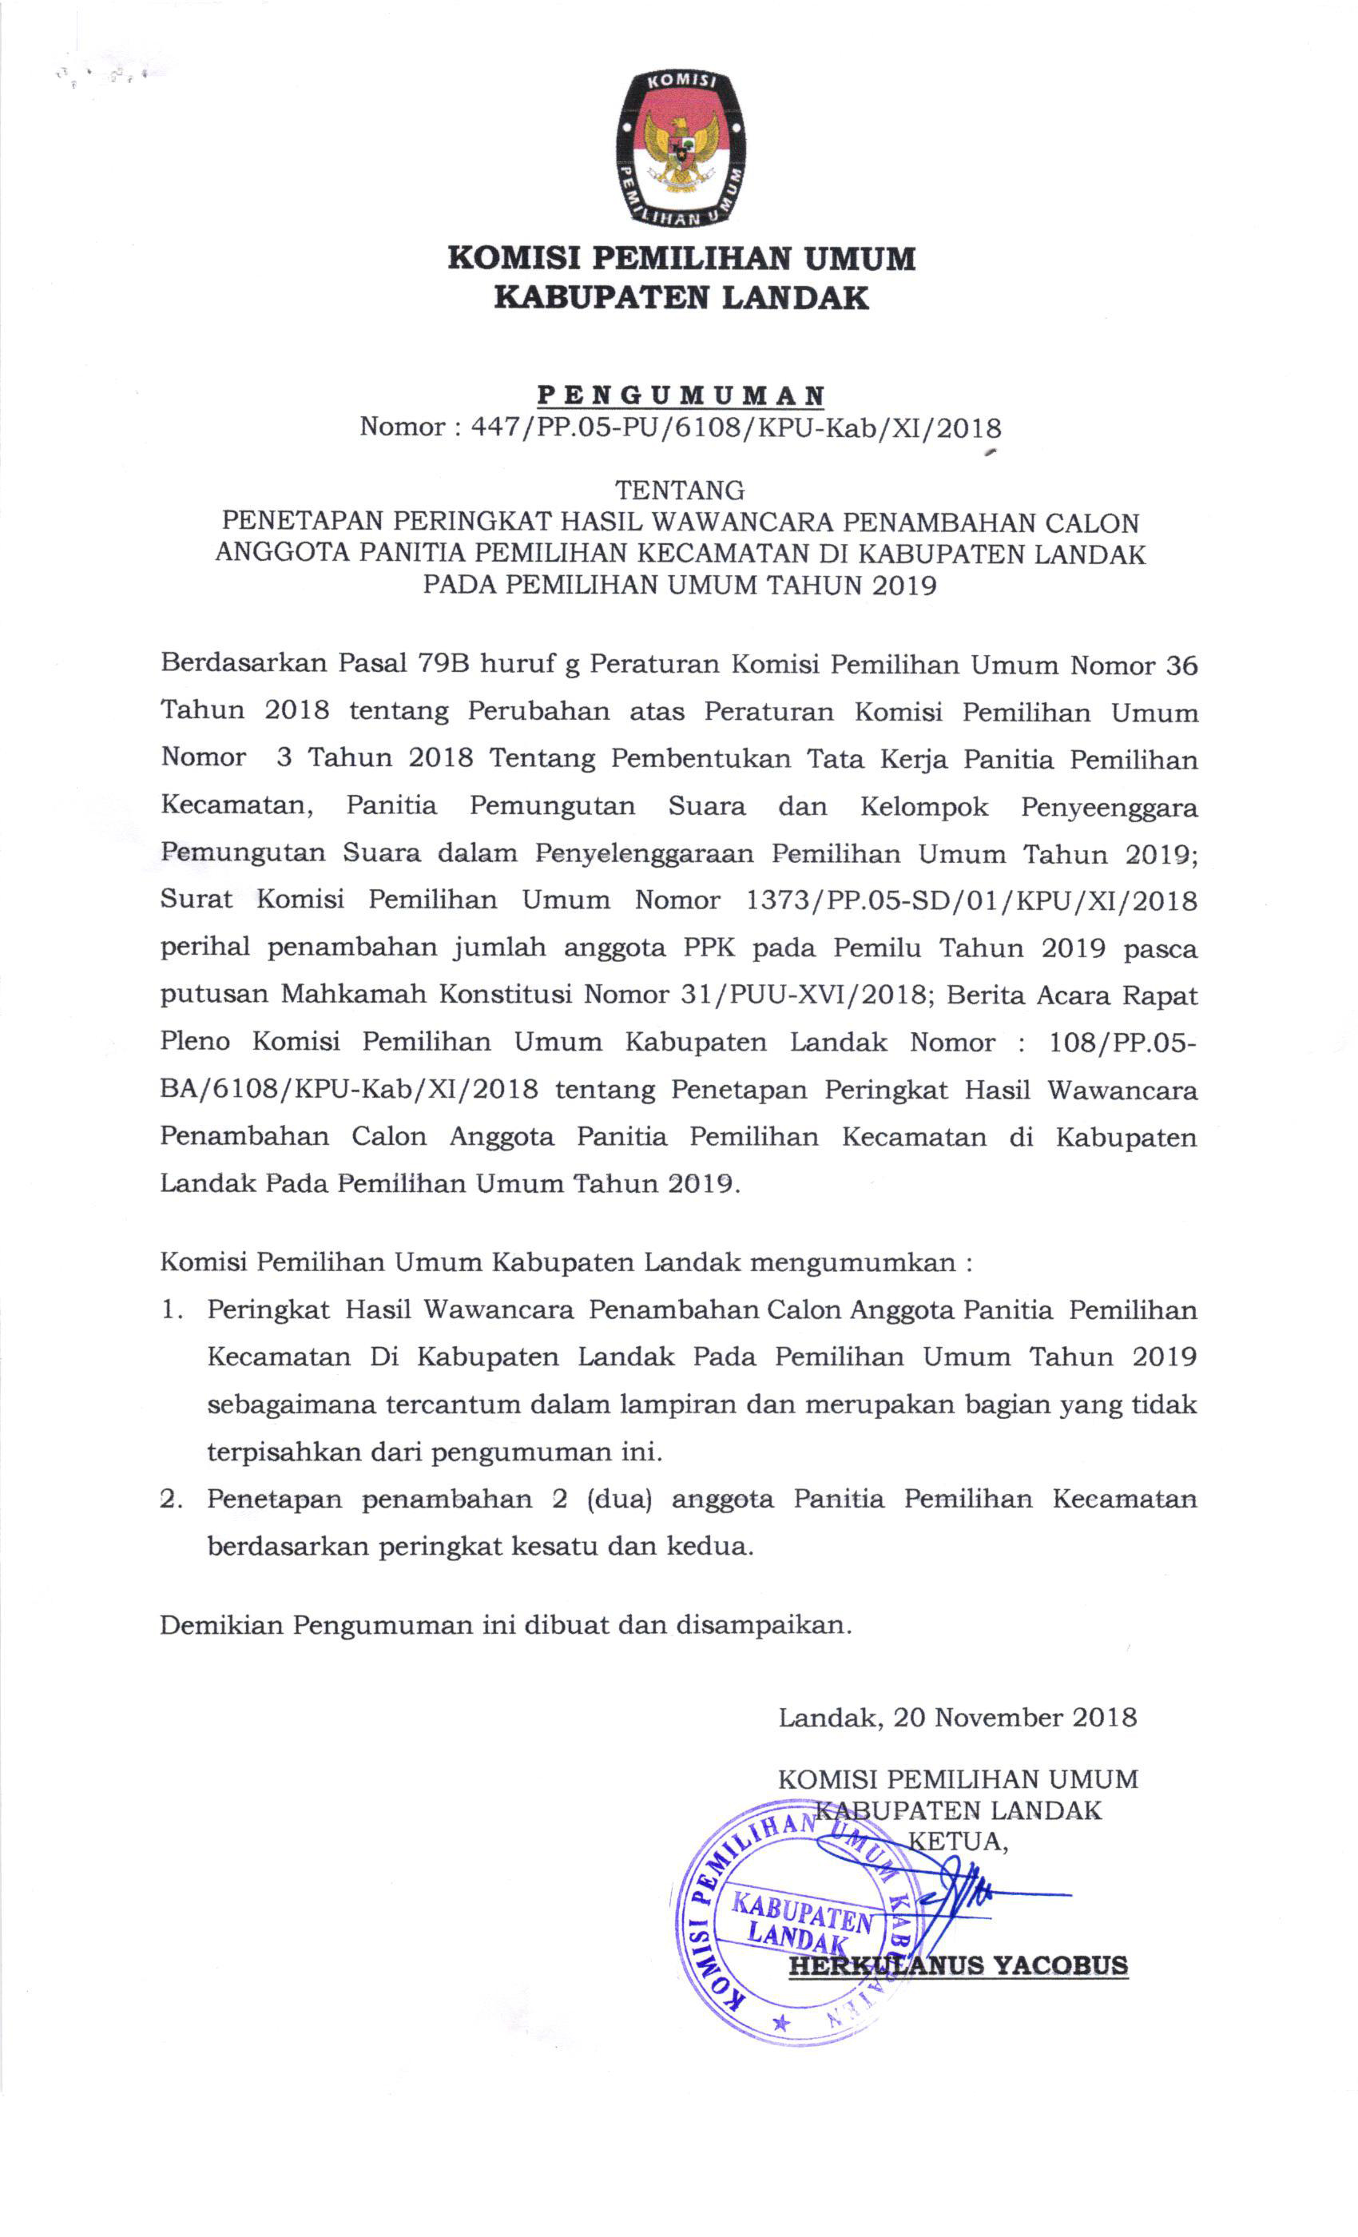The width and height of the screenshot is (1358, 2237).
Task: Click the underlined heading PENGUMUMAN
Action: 680,395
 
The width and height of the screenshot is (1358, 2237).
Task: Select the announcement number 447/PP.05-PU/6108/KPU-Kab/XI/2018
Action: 735,427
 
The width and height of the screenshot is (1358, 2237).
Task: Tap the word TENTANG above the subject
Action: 680,491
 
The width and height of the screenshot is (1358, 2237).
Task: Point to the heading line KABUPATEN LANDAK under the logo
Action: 680,297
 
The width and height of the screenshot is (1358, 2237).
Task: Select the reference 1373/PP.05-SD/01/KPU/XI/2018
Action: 971,900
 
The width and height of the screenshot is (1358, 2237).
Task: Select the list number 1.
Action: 172,1310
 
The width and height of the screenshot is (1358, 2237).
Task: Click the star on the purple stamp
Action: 780,2024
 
